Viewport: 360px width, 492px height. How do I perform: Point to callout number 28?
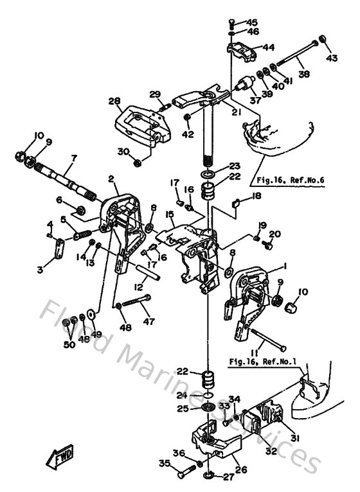coord(114,101)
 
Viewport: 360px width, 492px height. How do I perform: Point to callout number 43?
coord(331,59)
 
